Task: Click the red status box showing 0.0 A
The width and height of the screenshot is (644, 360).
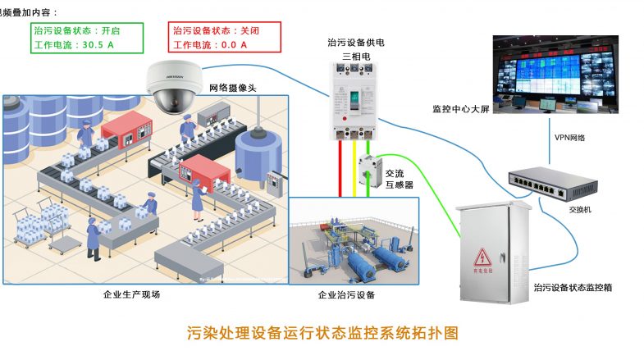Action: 223,37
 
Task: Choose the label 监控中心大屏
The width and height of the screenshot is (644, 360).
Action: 460,108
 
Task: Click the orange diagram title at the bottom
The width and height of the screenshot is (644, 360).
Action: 321,334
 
